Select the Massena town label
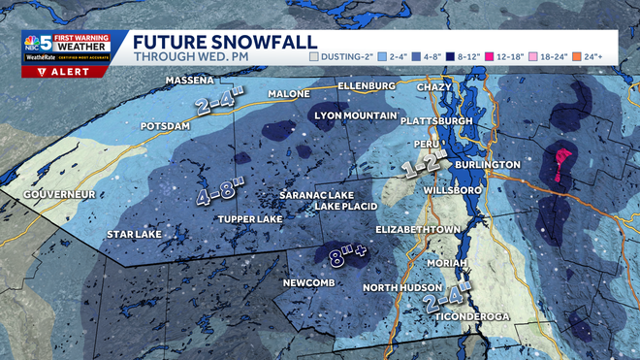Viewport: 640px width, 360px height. point(189,80)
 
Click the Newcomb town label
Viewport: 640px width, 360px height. point(308,283)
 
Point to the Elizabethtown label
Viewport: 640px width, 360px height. point(418,230)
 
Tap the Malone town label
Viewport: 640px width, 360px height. point(290,94)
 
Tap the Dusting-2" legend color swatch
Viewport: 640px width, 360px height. point(314,57)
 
